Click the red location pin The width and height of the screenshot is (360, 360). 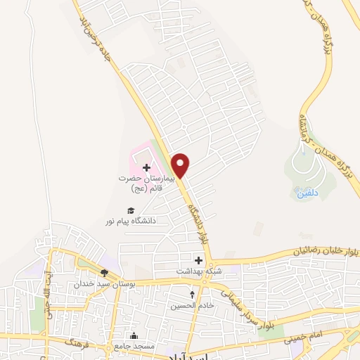(181, 165)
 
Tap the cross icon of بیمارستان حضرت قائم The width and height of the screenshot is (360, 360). (146, 167)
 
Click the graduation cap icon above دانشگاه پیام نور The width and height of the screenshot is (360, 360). (130, 210)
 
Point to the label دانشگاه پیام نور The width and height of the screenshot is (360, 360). (130, 221)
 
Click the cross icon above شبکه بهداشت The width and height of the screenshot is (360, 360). (198, 260)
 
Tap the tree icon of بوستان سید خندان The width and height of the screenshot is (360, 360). (104, 273)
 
